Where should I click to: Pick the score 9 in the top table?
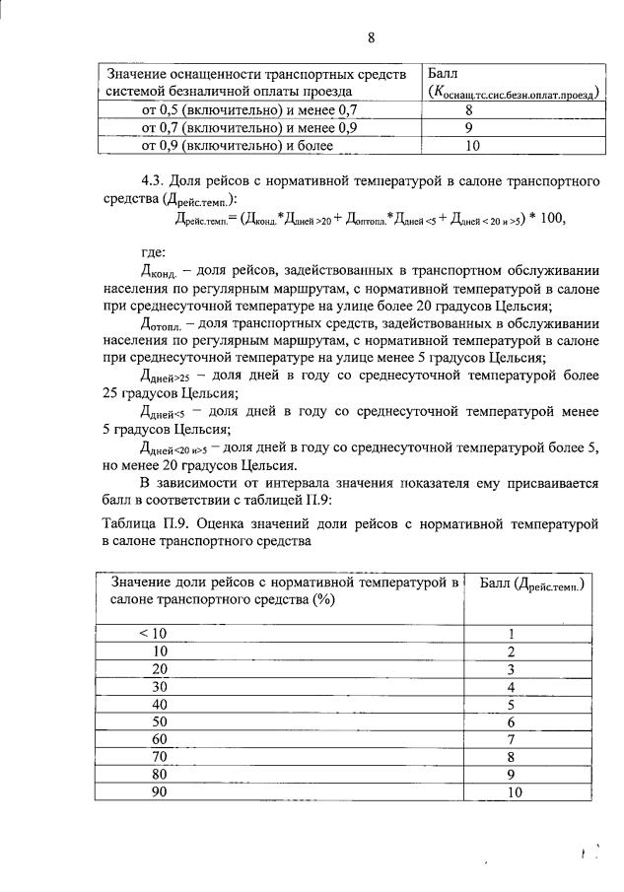469,128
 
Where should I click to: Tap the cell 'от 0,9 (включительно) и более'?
238,145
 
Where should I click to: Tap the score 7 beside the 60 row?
512,739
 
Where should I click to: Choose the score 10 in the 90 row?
512,792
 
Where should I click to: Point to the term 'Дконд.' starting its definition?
160,272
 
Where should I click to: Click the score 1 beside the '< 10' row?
512,634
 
